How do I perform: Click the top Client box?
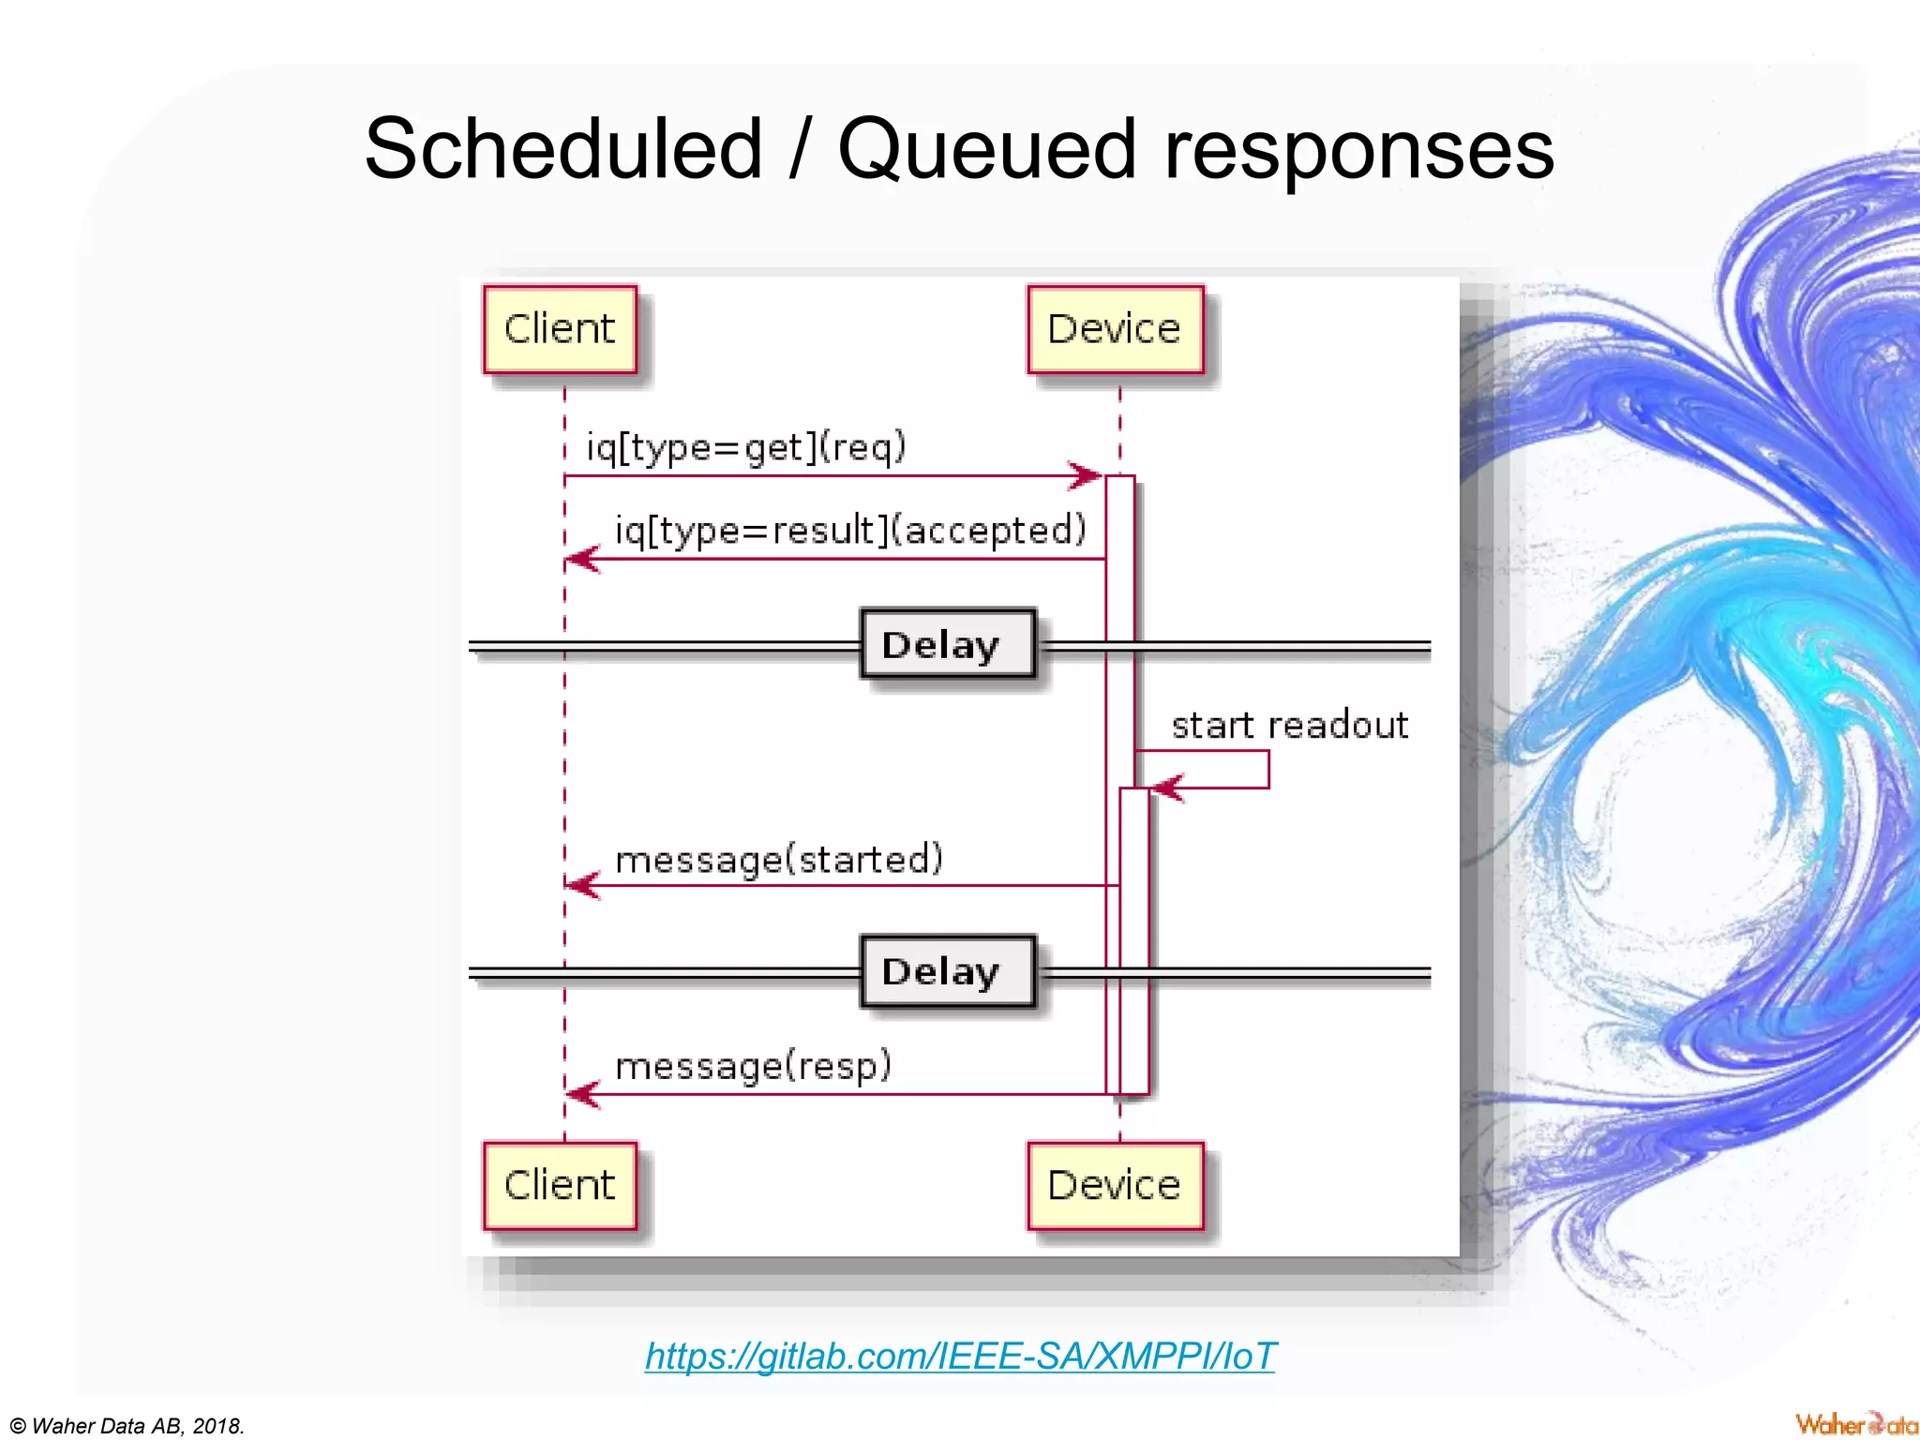pos(560,330)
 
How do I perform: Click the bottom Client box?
pos(560,1186)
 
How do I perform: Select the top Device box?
pos(1115,330)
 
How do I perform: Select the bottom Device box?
pos(1115,1186)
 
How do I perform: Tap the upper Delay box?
pos(947,644)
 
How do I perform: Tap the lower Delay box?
pos(947,971)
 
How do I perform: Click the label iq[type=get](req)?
pos(746,447)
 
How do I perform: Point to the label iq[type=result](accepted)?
pos(850,531)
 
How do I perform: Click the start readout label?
pos(1289,726)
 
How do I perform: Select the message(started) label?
pos(778,860)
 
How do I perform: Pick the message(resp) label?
pos(753,1067)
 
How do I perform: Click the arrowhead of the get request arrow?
pos(1087,475)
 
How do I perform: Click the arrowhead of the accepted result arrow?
pos(581,559)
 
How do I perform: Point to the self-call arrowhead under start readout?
pos(1166,787)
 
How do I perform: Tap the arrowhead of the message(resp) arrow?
pos(581,1094)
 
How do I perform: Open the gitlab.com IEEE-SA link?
pos(960,1356)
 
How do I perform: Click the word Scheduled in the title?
pos(562,150)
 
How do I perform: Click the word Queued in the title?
pos(986,150)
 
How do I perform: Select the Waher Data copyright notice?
pos(127,1426)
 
